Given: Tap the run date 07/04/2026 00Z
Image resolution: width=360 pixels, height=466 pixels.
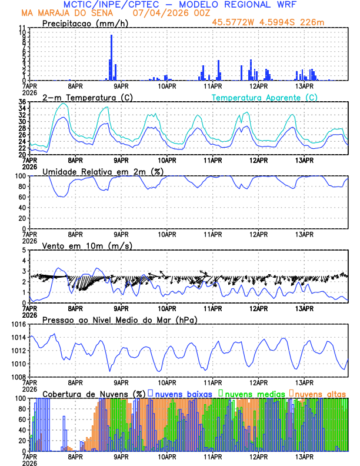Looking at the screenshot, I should (164, 12).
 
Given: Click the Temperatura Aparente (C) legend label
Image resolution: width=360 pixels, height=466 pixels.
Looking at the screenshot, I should (265, 97).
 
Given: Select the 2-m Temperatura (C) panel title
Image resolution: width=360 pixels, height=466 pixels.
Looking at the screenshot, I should (88, 97).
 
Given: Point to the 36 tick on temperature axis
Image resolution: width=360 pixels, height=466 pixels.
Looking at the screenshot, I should (22, 102).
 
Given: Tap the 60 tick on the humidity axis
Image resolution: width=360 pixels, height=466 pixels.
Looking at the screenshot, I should (22, 197).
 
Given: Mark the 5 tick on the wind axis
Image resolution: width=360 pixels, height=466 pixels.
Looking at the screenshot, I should (24, 251).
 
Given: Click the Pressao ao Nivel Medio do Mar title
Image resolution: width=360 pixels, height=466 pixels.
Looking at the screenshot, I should (120, 319).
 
